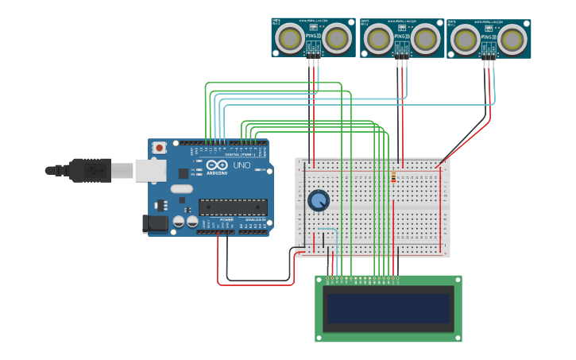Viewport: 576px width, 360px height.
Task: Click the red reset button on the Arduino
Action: click(160, 147)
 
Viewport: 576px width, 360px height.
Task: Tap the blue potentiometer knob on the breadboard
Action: click(319, 200)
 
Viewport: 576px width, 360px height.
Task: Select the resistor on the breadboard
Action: click(393, 177)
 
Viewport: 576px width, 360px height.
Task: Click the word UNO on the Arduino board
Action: click(241, 166)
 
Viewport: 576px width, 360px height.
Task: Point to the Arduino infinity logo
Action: click(216, 165)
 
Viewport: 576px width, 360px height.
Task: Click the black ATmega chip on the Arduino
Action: click(232, 207)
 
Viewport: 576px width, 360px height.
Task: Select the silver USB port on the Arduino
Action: click(150, 170)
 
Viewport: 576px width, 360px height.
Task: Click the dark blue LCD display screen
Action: click(388, 308)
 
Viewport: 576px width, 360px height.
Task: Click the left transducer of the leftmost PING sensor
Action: click(291, 37)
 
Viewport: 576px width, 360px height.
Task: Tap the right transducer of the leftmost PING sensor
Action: click(337, 37)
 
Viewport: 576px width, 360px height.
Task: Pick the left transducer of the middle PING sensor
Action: click(379, 38)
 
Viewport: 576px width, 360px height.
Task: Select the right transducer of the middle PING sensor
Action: click(425, 38)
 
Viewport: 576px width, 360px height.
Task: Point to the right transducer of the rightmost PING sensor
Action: click(512, 38)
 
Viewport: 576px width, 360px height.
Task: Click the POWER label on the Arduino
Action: click(226, 220)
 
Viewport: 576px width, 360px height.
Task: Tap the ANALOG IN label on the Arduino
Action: click(254, 220)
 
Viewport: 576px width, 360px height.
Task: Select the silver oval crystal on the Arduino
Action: click(181, 189)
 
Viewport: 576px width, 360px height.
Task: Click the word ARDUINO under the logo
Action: click(216, 172)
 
